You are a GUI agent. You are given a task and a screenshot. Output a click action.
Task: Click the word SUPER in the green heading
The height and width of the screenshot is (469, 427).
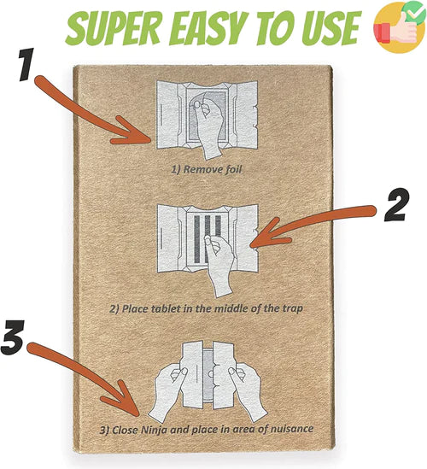(114, 27)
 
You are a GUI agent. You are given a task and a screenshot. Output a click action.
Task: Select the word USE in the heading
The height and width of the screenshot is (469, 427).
(332, 27)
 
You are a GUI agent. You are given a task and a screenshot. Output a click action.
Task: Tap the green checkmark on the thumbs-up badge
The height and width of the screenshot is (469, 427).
(414, 11)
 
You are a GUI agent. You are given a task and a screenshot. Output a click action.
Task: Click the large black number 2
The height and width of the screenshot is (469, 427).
(395, 205)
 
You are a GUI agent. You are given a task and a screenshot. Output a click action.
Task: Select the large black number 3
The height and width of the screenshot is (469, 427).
(13, 337)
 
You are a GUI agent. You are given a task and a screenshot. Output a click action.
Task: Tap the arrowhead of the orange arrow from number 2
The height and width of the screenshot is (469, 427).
(250, 247)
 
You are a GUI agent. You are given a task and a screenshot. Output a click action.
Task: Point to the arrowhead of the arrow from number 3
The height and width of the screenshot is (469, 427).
(138, 415)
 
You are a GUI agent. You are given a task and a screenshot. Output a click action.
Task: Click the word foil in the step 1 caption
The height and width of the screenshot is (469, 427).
(232, 170)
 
